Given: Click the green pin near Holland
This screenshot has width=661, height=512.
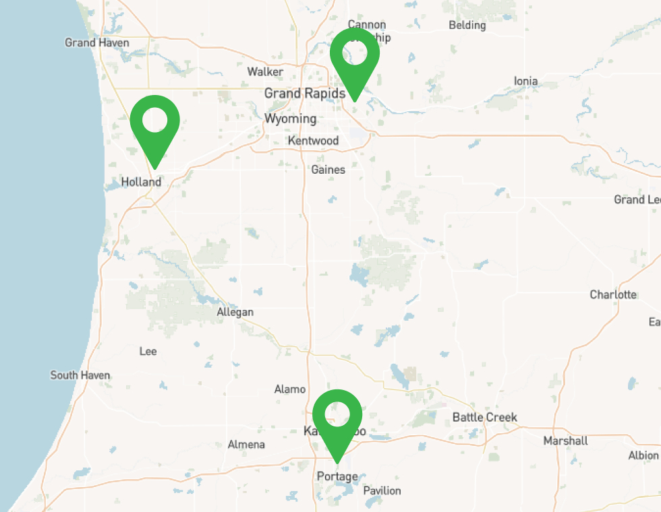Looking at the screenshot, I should pos(154,124).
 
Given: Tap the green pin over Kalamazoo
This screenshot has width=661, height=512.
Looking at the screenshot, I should pos(337,418).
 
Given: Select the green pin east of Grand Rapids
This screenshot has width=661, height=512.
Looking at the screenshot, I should pos(354,57).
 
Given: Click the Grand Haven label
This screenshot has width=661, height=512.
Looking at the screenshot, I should pos(97,42).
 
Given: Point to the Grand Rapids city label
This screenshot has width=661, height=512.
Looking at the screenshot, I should pos(304,93).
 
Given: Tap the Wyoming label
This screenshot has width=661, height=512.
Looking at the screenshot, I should pos(290,119).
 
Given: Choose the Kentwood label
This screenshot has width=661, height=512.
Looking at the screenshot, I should pos(313,141).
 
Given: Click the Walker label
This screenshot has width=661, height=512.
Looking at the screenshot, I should pos(265,71).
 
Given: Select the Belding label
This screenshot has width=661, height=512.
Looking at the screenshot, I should pos(467,26).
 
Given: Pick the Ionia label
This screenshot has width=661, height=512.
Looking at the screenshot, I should pos(525,82).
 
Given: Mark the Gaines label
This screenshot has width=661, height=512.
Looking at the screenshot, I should pos(328,170).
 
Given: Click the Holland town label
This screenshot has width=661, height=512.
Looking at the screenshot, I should pos(141,182).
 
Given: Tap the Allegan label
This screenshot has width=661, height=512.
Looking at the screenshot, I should pos(235,312).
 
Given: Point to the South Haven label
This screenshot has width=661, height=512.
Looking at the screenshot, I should pos(80,375).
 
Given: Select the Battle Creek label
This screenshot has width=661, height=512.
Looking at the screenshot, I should pos(484,417).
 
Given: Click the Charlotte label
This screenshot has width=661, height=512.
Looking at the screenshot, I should pos(612,294).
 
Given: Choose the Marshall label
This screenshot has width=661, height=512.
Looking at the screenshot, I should pos(565,441).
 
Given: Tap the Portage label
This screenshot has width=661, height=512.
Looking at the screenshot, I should pos(337,476).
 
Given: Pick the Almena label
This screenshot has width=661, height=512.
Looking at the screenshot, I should pos(246,445).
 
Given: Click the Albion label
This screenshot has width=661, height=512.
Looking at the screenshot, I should pos(643,455).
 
